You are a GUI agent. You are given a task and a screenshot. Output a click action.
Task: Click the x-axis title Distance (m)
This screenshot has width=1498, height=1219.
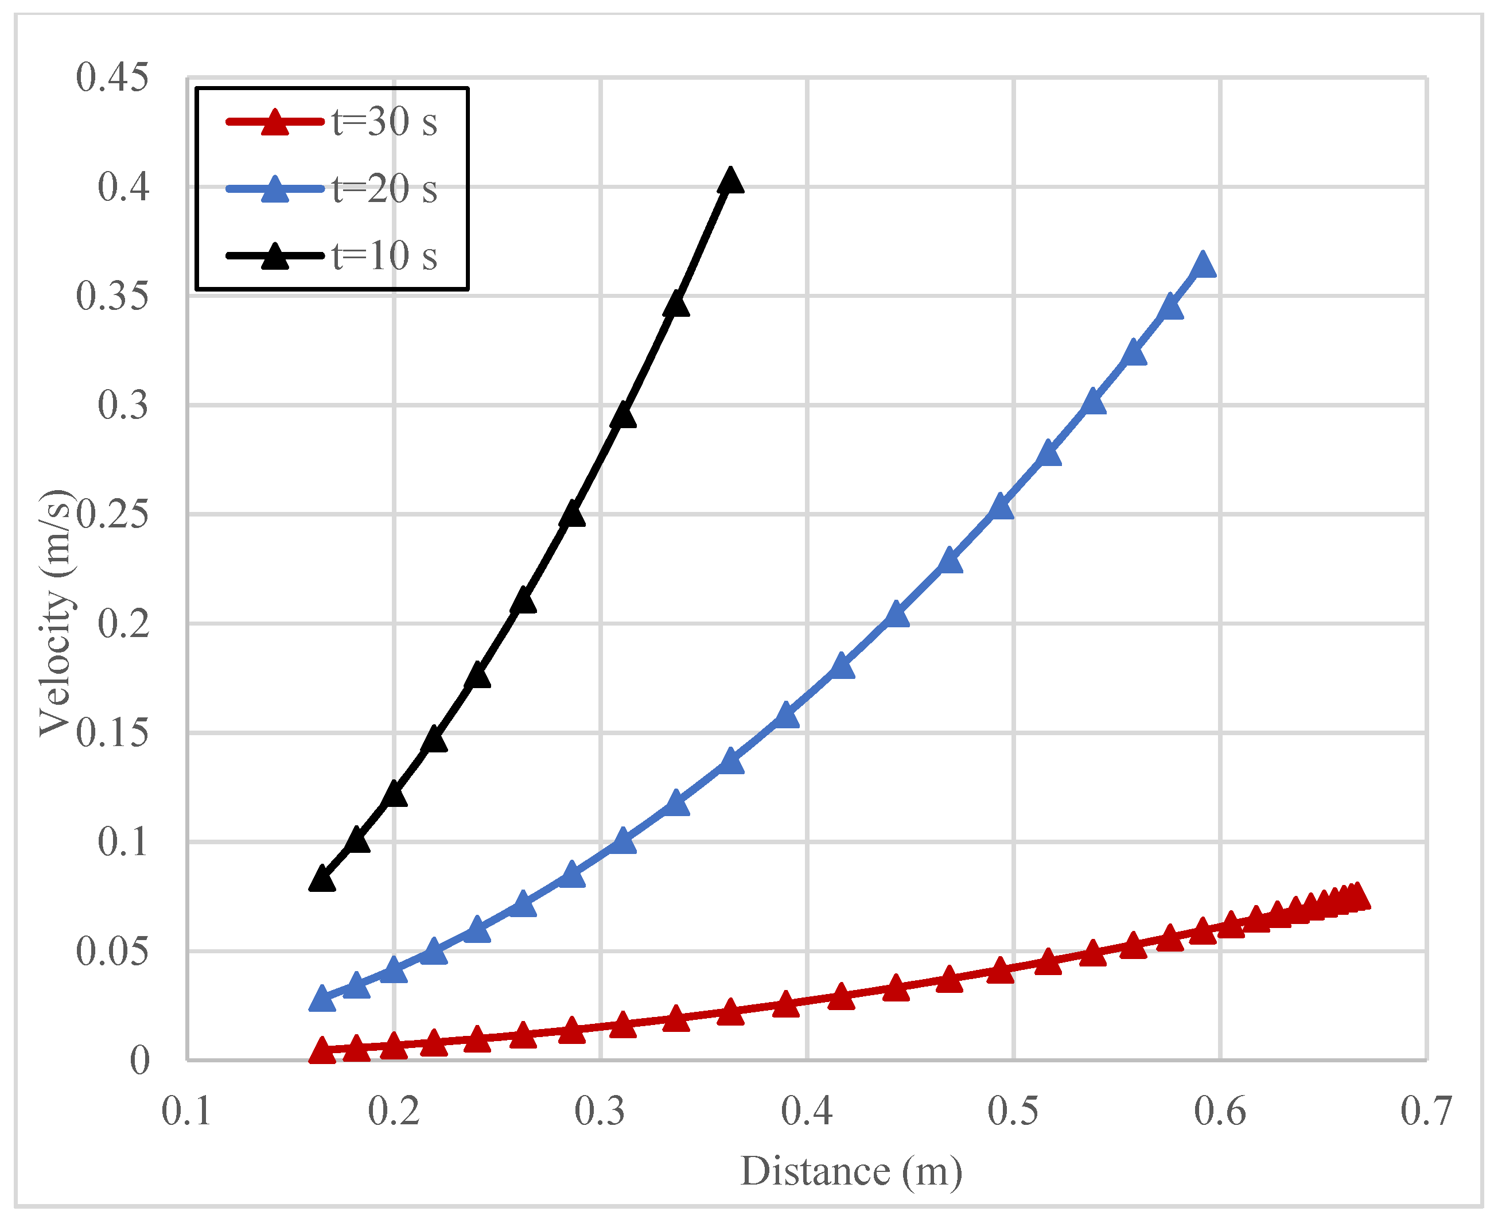point(851,1171)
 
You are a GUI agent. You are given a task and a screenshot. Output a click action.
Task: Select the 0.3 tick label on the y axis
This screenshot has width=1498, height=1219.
point(123,405)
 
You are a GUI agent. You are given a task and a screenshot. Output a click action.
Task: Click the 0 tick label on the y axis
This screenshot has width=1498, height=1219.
point(139,1059)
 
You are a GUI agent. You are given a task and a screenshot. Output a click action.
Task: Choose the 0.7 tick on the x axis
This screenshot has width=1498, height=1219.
point(1426,1111)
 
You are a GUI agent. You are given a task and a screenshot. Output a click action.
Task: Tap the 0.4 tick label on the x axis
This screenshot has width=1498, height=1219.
point(807,1111)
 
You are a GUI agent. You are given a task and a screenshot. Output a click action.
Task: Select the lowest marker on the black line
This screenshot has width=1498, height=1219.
point(321,879)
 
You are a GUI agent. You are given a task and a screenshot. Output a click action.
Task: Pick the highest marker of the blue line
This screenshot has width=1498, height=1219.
point(1203,265)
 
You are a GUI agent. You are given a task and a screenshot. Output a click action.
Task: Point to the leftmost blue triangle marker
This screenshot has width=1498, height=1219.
point(321,999)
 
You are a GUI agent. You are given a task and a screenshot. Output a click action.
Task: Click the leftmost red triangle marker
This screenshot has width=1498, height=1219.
point(321,1050)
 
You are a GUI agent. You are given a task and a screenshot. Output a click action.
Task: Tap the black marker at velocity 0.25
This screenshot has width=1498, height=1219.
point(572,515)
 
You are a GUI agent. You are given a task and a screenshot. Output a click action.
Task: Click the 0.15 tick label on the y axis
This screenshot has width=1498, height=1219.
point(112,733)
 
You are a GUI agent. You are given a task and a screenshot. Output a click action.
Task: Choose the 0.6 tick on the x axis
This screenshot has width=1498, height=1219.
point(1220,1111)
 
